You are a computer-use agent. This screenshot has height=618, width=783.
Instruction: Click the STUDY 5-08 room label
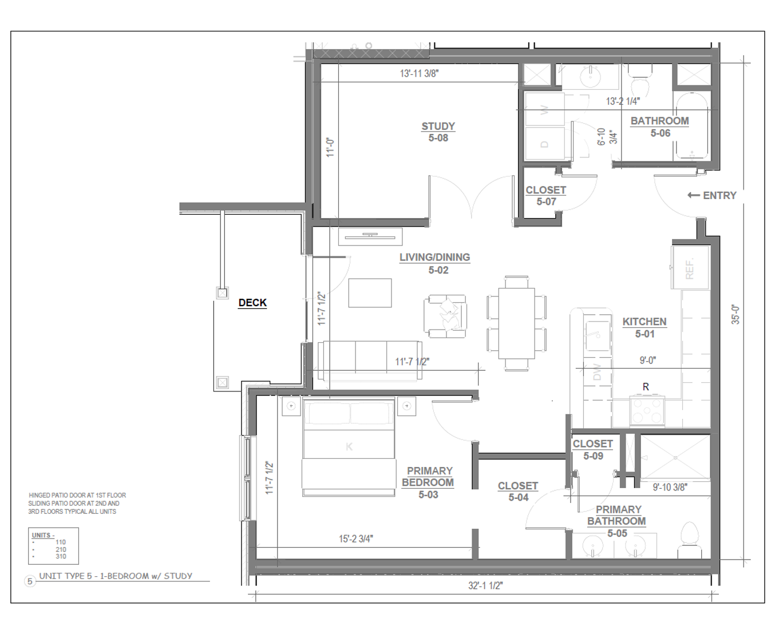pos(438,132)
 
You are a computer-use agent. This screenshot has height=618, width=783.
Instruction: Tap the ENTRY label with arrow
pos(711,196)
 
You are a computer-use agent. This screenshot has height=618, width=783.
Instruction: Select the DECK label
pos(252,303)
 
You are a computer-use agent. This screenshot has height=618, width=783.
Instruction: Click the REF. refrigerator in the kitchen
pos(690,267)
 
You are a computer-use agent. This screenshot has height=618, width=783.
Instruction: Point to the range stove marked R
pos(647,411)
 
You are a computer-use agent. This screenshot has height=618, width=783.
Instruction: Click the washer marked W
pos(544,109)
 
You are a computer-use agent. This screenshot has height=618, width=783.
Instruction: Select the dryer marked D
pos(544,144)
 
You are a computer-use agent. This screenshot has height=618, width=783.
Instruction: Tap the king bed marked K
pos(349,447)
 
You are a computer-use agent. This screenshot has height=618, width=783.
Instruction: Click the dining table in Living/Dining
pos(516,323)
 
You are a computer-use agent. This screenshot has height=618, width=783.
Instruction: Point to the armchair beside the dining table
pos(445,316)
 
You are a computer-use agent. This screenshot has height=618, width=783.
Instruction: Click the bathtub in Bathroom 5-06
pos(691,126)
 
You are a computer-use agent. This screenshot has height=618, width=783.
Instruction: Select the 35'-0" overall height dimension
pos(735,315)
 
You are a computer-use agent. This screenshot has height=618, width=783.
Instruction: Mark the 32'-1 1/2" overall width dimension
pos(485,585)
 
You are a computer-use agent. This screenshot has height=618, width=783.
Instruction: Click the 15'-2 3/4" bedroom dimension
pos(356,538)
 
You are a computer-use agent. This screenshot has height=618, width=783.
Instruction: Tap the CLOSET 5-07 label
pos(546,196)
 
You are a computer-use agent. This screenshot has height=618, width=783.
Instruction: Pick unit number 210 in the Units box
pos(61,549)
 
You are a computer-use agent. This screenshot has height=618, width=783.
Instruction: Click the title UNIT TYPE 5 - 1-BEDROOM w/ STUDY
pos(116,576)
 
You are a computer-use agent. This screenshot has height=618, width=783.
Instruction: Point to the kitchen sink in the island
pos(598,335)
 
